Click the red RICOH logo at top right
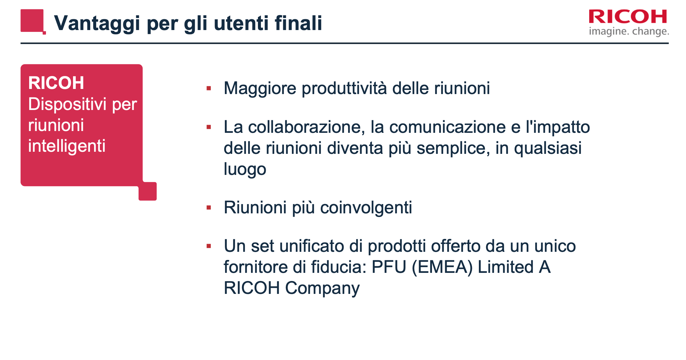click(628, 17)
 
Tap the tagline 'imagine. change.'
click(629, 31)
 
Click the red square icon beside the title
click(32, 21)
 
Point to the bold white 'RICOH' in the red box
click(56, 83)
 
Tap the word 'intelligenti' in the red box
click(67, 146)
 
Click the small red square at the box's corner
click(148, 191)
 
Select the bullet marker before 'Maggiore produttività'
click(209, 88)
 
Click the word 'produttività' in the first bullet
click(344, 89)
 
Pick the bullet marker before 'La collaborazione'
click(209, 127)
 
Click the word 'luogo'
click(245, 169)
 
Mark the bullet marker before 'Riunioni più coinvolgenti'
click(209, 208)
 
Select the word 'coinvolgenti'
click(366, 208)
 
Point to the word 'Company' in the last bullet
click(322, 288)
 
